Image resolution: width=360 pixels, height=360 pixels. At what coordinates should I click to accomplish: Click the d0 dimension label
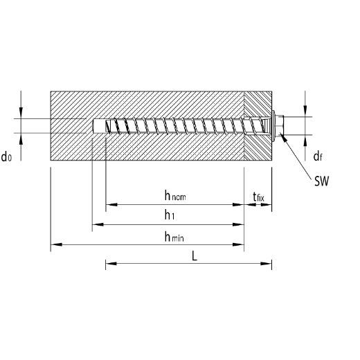tap(6, 156)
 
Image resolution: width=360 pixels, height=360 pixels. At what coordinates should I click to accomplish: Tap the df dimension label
tap(318, 156)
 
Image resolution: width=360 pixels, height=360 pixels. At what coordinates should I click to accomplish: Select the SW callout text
tap(321, 181)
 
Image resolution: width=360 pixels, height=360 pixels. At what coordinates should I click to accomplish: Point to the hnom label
tap(175, 195)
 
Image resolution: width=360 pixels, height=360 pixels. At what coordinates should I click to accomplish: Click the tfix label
tap(258, 197)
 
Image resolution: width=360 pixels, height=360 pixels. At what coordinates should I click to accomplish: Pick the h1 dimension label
tap(170, 215)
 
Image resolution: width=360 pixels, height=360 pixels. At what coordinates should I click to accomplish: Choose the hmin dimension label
tap(174, 237)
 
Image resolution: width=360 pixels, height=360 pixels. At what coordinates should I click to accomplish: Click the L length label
tap(195, 255)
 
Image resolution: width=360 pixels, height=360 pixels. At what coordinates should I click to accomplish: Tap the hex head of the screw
tap(280, 126)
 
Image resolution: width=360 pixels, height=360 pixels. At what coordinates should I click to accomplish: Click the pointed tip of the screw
tap(107, 126)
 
